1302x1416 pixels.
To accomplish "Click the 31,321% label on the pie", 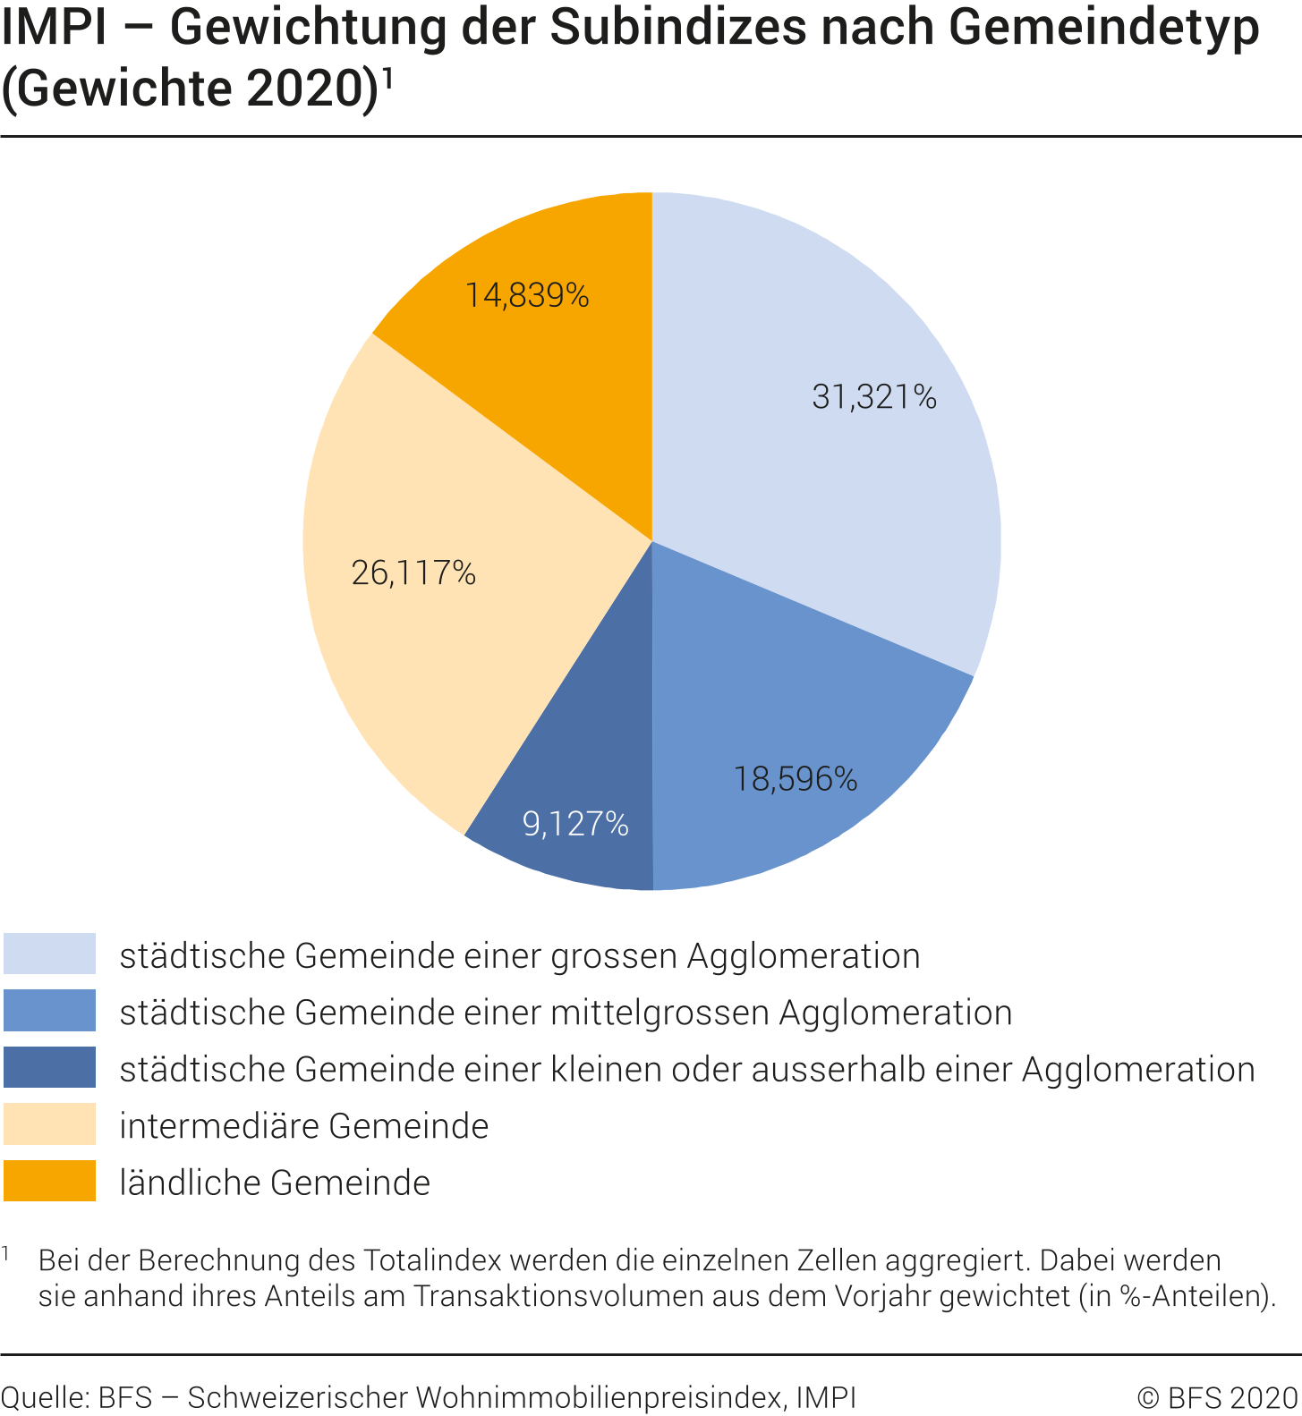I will point(873,396).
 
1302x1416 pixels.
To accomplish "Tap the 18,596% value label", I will point(795,779).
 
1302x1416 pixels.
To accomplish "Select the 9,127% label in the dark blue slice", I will point(575,824).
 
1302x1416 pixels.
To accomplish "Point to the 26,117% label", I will point(413,572).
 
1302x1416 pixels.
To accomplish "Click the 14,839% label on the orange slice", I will point(526,295).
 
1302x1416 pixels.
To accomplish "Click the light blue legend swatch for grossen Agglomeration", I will point(49,954).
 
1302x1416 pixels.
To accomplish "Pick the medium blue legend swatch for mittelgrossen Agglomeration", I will point(49,1011).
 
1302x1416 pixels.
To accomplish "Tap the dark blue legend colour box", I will point(49,1067).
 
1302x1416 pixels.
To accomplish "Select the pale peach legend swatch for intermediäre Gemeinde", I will point(49,1124).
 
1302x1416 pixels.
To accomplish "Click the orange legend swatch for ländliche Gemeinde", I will point(49,1181).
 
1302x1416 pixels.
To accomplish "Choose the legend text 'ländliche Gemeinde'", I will point(275,1183).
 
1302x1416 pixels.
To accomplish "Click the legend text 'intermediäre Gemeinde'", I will point(304,1126).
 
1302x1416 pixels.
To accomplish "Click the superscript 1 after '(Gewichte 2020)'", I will point(387,79).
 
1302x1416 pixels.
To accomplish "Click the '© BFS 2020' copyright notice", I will point(1216,1397).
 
